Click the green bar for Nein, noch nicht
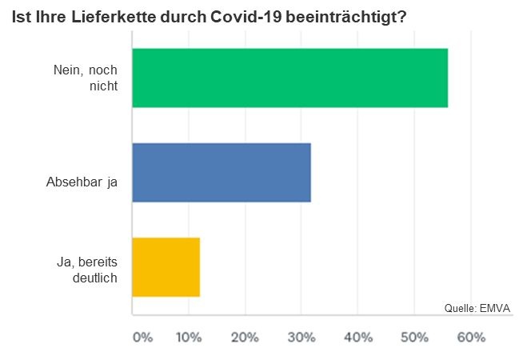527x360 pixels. pyautogui.click(x=289, y=78)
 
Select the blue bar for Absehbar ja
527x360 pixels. pyautogui.click(x=221, y=172)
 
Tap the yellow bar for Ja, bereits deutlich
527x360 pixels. pyautogui.click(x=166, y=267)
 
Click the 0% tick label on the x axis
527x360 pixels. pyautogui.click(x=142, y=338)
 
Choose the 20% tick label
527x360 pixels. pyautogui.click(x=244, y=338)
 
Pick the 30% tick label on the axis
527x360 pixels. pyautogui.click(x=301, y=338)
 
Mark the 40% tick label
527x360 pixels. pyautogui.click(x=357, y=338)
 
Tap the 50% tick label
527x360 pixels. pyautogui.click(x=414, y=338)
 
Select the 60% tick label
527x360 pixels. pyautogui.click(x=470, y=338)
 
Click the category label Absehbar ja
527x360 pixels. pyautogui.click(x=82, y=182)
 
